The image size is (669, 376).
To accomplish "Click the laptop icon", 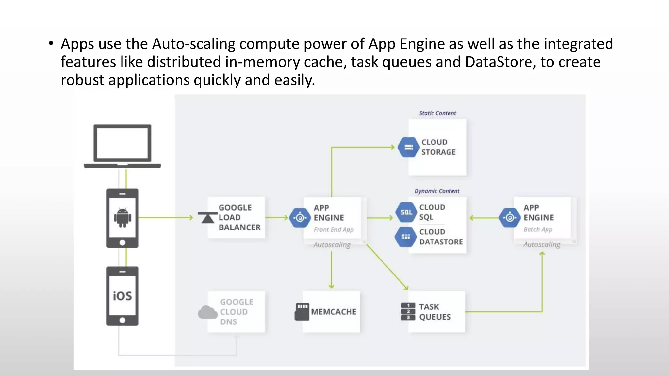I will click(x=122, y=146).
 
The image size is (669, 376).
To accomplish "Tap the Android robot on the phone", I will click(x=122, y=218).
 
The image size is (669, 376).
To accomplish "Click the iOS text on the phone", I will click(x=122, y=296).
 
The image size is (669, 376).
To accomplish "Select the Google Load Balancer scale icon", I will click(x=207, y=218).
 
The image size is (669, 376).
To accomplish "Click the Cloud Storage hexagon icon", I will click(x=408, y=147).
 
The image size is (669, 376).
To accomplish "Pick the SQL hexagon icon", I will click(x=406, y=212).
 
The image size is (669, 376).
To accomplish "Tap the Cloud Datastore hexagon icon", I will click(x=405, y=237).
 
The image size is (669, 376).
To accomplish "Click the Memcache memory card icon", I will click(x=302, y=312).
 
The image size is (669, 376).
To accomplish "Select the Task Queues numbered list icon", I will click(x=408, y=312).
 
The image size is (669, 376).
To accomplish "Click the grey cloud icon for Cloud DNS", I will click(x=207, y=312).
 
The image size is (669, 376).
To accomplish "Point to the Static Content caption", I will click(x=437, y=113).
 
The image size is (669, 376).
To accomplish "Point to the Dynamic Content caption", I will click(x=437, y=191).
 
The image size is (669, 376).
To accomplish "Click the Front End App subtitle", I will click(x=334, y=230).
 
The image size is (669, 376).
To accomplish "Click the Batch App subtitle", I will click(x=538, y=229).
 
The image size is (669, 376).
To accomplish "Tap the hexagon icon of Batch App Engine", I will click(x=510, y=218).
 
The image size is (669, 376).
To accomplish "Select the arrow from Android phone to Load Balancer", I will click(x=165, y=217).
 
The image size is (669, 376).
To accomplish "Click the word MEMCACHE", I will click(x=334, y=312).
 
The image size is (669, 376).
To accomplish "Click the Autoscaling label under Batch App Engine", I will click(x=542, y=244).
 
